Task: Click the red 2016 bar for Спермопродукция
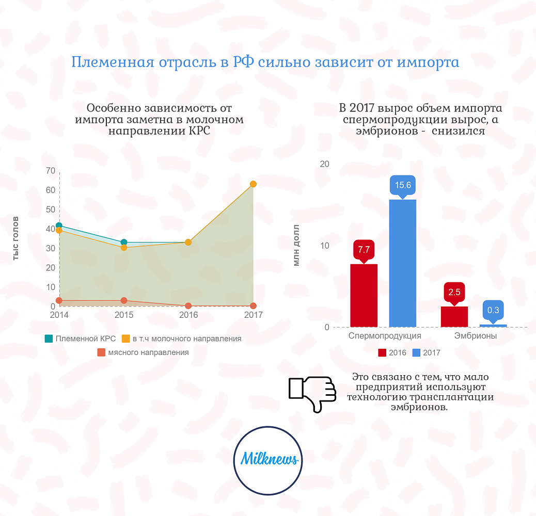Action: tap(364, 295)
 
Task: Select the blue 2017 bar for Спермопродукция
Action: tap(402, 263)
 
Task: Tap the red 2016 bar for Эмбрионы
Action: tap(454, 316)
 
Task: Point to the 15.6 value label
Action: tap(402, 185)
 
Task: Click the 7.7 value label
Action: tap(364, 250)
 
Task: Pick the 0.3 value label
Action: tap(493, 310)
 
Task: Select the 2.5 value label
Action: tap(454, 292)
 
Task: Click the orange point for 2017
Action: tap(253, 184)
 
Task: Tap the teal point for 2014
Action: tap(59, 225)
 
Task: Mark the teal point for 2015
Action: tap(124, 242)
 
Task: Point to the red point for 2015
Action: tap(124, 300)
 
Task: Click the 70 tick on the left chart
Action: tap(51, 171)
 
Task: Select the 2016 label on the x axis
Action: tap(188, 315)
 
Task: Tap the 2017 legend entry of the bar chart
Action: tap(427, 353)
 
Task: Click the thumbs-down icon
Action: tap(312, 394)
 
